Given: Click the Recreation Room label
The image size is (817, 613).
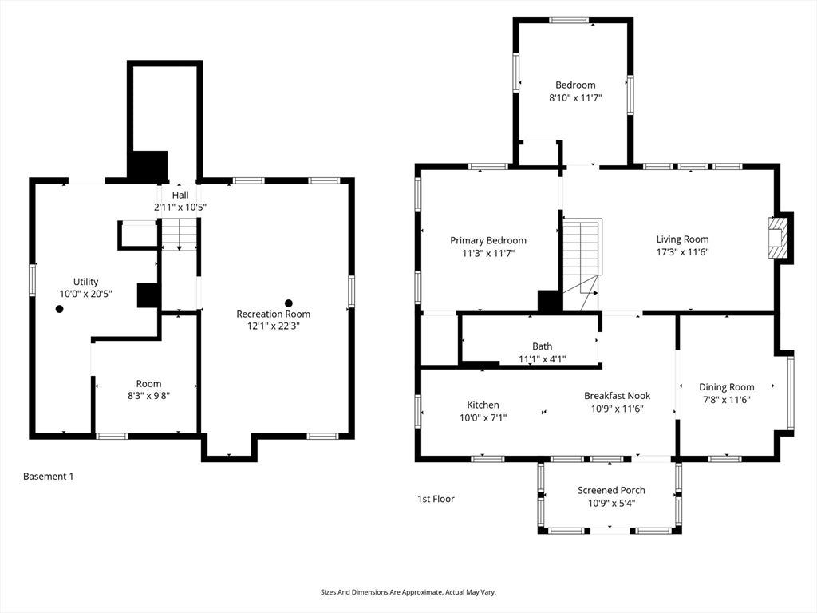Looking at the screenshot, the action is (x=273, y=314).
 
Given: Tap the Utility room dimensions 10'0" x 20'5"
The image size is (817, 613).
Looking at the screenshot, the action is (x=86, y=294).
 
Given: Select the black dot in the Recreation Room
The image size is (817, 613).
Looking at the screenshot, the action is (x=288, y=303).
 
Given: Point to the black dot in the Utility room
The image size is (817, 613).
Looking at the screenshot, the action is (x=59, y=309).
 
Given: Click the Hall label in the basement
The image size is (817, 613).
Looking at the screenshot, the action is (x=180, y=195).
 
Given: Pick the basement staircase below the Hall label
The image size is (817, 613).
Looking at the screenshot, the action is (x=180, y=235).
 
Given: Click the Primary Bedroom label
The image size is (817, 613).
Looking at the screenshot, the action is (x=488, y=240).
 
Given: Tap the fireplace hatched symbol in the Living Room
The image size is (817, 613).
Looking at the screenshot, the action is (x=777, y=238).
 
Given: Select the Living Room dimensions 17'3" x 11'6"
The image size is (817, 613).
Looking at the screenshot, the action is (x=682, y=252).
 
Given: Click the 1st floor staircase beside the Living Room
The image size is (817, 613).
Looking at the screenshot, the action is (x=582, y=265).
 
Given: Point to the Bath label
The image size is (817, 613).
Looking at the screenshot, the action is (x=542, y=346).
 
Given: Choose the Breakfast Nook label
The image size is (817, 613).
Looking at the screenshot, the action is (x=617, y=396).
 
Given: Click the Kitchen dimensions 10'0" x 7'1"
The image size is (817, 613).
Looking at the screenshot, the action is (x=483, y=417).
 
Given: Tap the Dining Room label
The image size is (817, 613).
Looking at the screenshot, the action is (x=726, y=387).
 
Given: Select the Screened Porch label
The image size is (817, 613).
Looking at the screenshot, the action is (x=611, y=491).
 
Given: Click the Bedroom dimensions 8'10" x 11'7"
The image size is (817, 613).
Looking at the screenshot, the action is (x=575, y=97).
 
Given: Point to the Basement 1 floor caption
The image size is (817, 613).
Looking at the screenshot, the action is (x=49, y=476).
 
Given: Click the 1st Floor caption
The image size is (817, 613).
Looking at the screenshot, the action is (x=436, y=499).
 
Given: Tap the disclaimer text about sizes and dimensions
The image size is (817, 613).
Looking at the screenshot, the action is (x=408, y=592).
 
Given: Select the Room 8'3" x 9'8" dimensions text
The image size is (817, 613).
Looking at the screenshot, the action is (x=148, y=396).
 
